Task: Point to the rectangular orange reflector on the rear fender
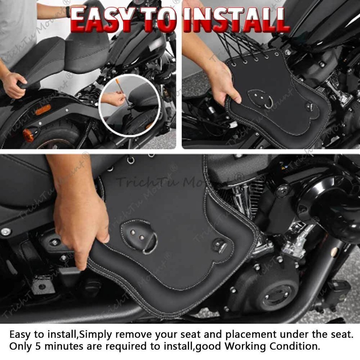(43, 109)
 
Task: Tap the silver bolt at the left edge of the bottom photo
(5, 232)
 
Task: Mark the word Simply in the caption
(94, 334)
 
